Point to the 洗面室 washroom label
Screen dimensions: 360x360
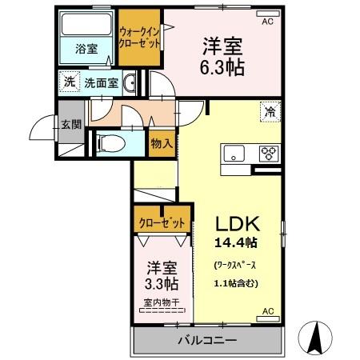[102, 82]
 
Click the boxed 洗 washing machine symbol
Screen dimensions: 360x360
[70, 81]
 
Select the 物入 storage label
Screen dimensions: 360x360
[162, 143]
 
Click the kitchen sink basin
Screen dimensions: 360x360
[234, 154]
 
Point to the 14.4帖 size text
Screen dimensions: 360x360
[234, 242]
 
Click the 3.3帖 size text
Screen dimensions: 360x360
[162, 284]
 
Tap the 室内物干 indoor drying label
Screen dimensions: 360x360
[162, 302]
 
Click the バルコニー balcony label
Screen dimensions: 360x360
[206, 340]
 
